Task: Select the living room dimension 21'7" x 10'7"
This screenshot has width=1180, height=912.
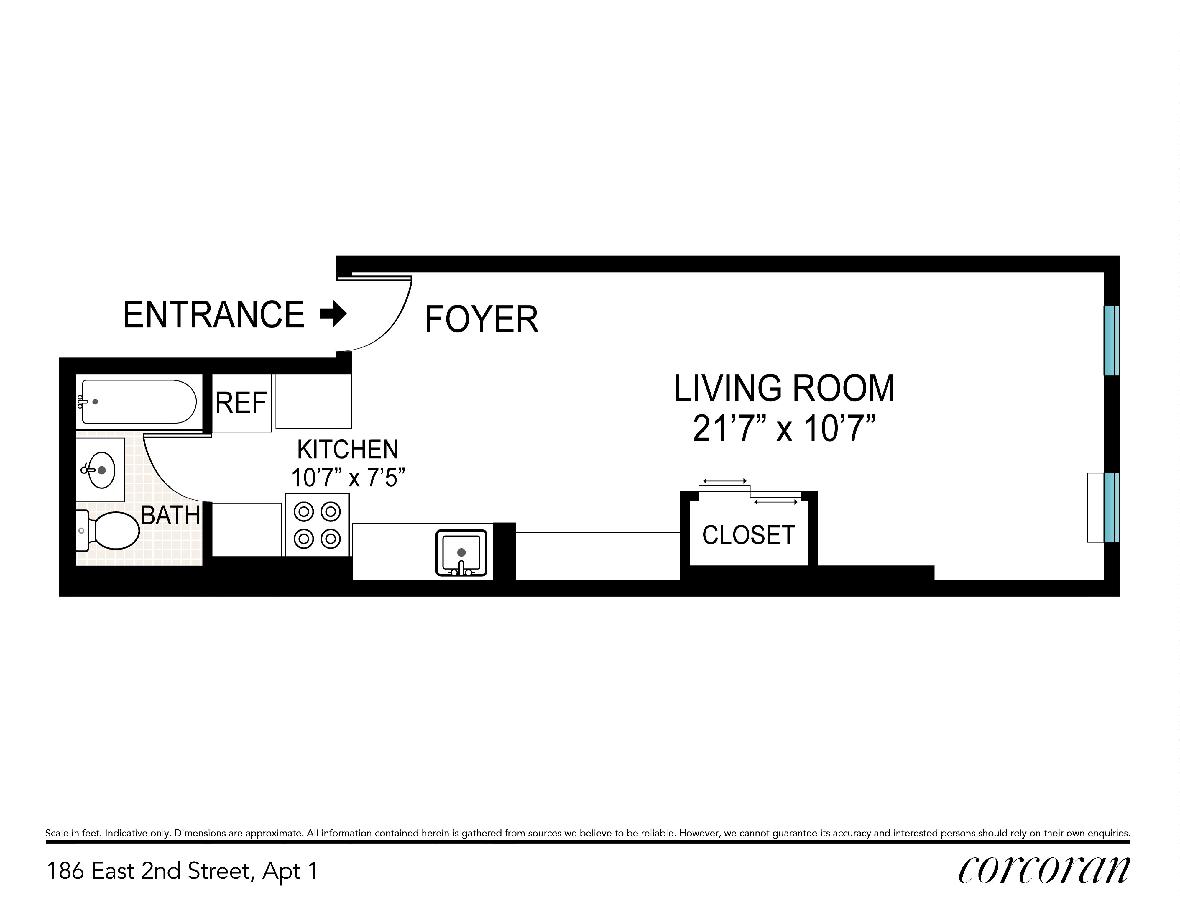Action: point(784,429)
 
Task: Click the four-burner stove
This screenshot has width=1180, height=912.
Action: point(317,524)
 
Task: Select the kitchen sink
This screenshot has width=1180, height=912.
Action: point(461,553)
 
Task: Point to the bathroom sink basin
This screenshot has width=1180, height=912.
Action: point(101,470)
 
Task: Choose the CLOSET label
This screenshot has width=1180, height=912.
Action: point(748,535)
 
